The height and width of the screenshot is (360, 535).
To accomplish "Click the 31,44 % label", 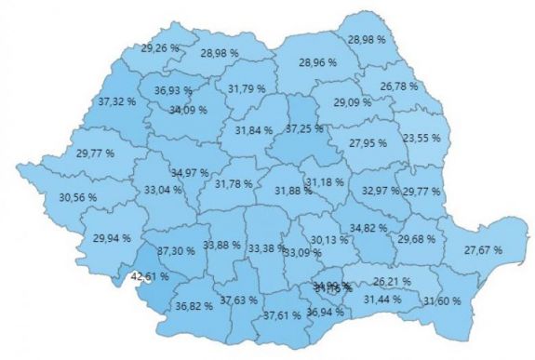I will click(382, 299).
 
